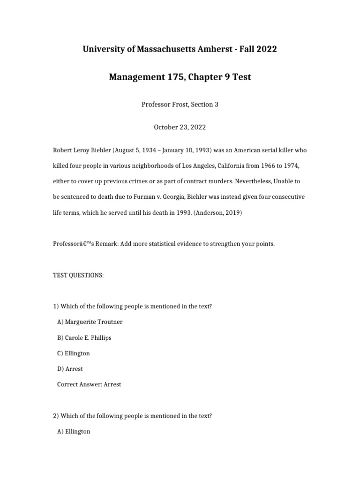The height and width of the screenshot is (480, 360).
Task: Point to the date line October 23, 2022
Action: (180, 127)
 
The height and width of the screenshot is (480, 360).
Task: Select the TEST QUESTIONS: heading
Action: (78, 276)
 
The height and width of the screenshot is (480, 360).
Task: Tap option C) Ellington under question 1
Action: (74, 353)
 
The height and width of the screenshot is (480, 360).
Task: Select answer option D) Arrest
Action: (70, 369)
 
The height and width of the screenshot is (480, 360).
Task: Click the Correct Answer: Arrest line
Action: (89, 384)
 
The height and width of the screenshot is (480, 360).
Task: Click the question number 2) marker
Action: (56, 416)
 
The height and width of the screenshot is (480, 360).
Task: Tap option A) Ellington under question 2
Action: (74, 431)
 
